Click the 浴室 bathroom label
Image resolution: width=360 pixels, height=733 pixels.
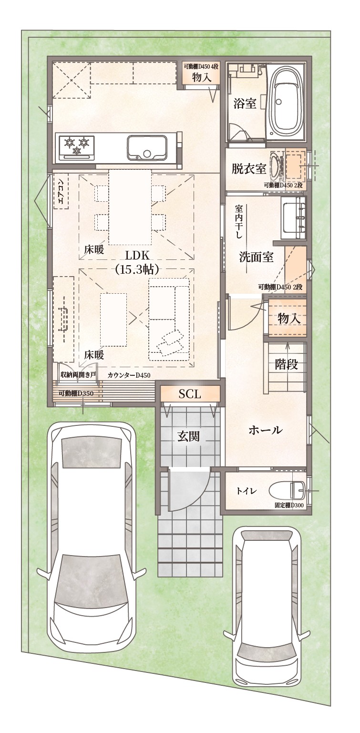pos(245,104)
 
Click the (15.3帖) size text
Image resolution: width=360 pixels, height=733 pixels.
pos(137,269)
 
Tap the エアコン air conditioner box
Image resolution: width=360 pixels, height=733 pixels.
pos(61,193)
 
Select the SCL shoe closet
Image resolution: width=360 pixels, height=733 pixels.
pos(190,394)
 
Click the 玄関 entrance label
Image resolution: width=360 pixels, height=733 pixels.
pos(189,436)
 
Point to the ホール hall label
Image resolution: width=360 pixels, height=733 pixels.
pos(266,430)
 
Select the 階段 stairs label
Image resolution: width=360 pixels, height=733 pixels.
pos(287,364)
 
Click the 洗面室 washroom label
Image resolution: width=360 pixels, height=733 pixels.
pos(256,257)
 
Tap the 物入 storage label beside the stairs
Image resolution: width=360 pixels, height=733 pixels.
pos(289,318)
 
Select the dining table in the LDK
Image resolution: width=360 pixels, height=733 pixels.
pos(130,207)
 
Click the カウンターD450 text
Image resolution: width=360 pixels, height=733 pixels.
pos(129,375)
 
